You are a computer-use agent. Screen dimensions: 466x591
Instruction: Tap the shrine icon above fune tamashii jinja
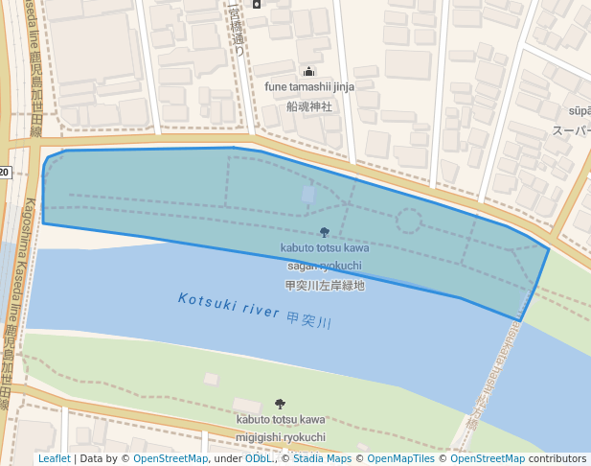(309, 71)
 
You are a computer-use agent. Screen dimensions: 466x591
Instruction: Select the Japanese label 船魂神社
(309, 106)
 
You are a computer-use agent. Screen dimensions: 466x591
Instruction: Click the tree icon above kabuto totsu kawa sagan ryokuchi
(324, 232)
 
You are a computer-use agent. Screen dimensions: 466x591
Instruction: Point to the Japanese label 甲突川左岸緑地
(325, 285)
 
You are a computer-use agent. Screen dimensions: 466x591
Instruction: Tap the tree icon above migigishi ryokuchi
(280, 404)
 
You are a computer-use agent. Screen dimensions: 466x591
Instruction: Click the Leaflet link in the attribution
(54, 459)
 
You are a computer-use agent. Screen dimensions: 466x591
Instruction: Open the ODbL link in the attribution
(259, 459)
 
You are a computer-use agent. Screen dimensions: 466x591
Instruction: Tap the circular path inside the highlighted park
(409, 222)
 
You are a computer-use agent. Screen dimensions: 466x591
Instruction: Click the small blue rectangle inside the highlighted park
(307, 195)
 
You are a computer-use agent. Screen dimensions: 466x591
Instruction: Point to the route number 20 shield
(4, 172)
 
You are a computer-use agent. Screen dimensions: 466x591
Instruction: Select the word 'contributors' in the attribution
(557, 459)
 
